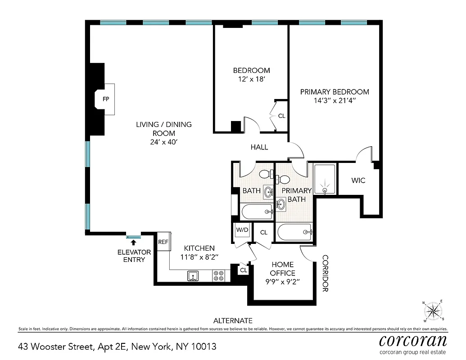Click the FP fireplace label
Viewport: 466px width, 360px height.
point(106,99)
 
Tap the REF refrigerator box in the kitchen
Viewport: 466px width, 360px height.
point(163,242)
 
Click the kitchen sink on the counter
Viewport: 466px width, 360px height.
point(193,275)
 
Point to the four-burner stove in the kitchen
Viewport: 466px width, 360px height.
point(219,275)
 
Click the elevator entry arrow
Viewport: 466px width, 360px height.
point(133,243)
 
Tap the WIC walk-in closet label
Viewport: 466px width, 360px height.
point(358,180)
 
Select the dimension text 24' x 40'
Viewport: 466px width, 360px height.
point(164,142)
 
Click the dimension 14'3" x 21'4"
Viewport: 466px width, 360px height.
point(335,101)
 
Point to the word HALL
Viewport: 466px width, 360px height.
point(259,147)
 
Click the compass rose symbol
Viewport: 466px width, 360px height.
point(433,311)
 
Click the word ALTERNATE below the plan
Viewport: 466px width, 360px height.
point(233,321)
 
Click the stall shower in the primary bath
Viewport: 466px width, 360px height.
point(324,180)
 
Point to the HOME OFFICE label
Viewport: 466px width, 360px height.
point(282,269)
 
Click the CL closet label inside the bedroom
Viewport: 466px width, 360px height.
point(281,116)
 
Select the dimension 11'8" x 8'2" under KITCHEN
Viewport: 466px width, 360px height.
point(199,257)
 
